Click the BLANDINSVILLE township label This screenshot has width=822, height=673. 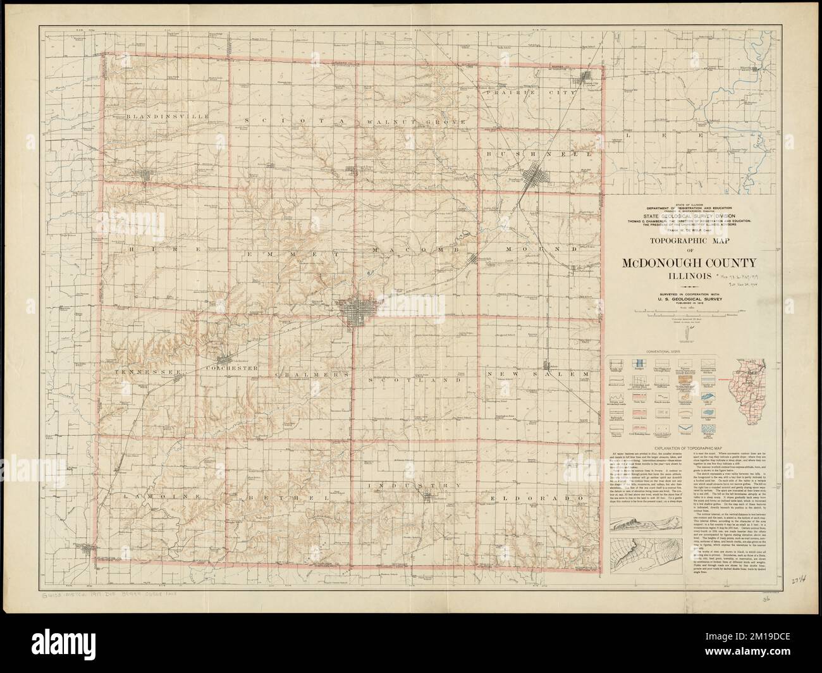(157, 117)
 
